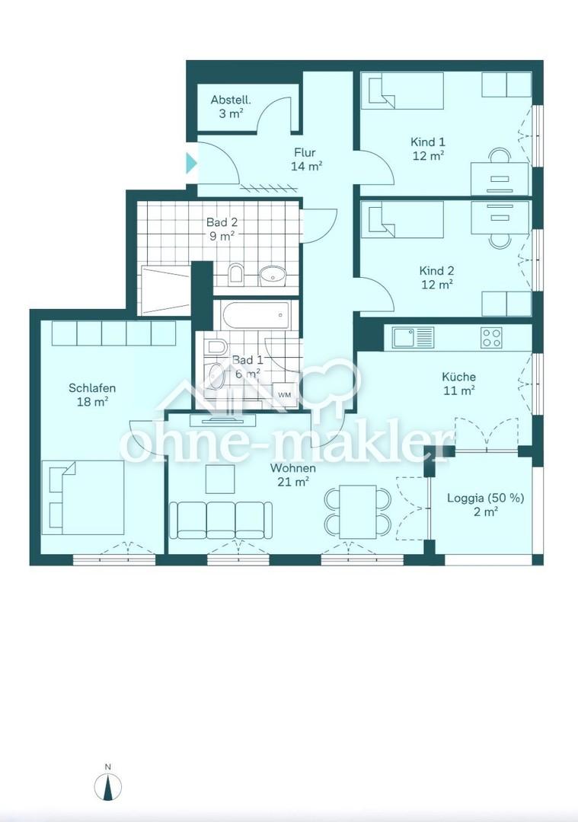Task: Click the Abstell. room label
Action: (231, 100)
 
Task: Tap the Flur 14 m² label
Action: (306, 159)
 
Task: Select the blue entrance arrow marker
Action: (191, 163)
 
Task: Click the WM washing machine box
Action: (284, 394)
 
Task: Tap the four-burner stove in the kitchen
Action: (491, 338)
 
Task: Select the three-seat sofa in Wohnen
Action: (221, 520)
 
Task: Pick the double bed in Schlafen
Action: (83, 498)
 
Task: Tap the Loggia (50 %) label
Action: (485, 498)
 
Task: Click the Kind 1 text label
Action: (427, 142)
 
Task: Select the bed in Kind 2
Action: (402, 219)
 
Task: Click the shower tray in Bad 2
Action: (165, 290)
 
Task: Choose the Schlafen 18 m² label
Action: (92, 395)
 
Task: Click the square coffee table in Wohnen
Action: (220, 479)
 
